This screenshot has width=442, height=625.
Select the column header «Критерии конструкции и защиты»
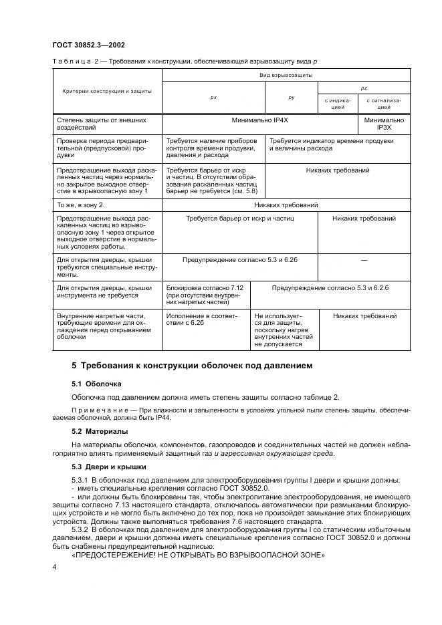tap(107, 91)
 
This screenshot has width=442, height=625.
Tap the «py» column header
tap(292, 98)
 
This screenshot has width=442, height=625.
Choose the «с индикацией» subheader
tap(338, 104)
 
